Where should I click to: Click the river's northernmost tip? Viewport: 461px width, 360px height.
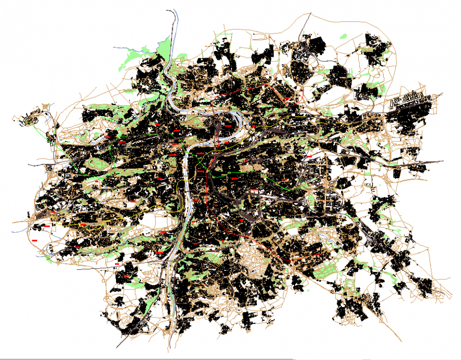coord(171,9)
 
